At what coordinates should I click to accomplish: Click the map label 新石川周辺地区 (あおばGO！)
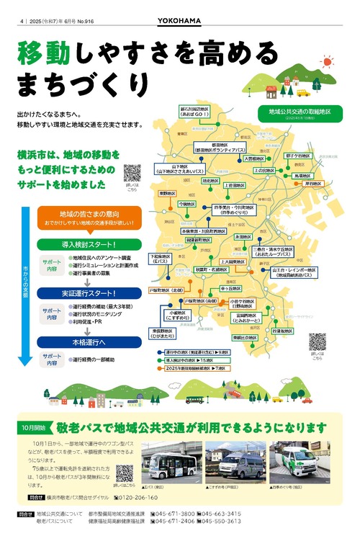pos(194,112)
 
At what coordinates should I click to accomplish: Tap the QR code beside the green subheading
pos(132,173)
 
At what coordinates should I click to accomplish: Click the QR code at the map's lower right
pos(318,341)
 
